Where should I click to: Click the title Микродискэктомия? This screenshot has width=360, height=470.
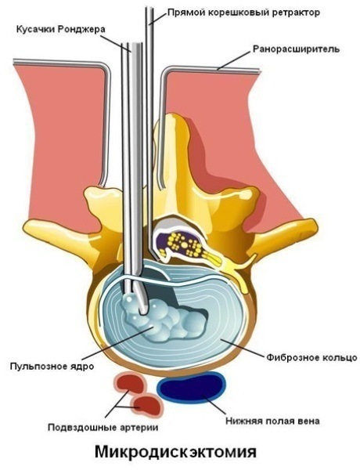176,452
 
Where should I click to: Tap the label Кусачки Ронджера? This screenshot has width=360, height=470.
61,29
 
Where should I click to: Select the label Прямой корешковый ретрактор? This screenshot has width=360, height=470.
243,13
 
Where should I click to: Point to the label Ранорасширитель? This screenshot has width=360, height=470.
296,49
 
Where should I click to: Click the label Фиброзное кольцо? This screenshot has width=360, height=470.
311,358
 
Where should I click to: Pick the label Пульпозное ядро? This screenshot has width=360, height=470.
52,366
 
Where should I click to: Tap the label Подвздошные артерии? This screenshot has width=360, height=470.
103,428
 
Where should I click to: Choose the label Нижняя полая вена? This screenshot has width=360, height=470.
272,421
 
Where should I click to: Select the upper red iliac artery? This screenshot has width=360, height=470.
129,382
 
